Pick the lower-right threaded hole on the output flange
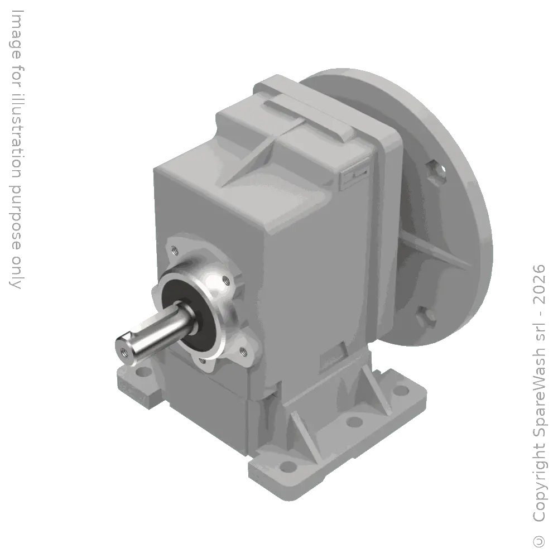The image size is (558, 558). point(243,350)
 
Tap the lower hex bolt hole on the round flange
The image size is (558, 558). point(430,317)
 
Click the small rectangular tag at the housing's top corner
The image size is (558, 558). point(353,176)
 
